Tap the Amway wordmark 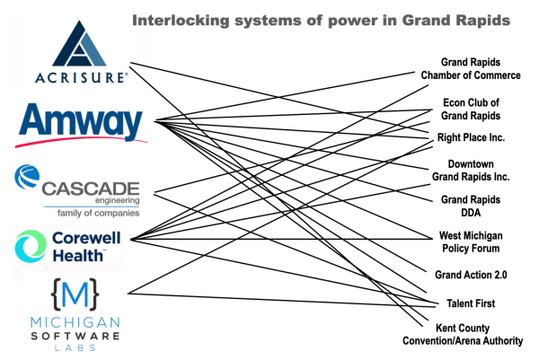click(79, 121)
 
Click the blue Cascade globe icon click(26, 179)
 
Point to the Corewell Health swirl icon click(30, 245)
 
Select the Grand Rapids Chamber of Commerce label click(471, 68)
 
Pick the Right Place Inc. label click(471, 137)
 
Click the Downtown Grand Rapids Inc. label click(471, 171)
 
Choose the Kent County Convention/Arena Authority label click(471, 334)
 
